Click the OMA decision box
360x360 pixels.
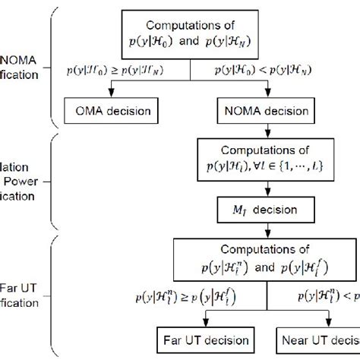tap(112, 112)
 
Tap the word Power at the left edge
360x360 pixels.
tap(16, 182)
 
